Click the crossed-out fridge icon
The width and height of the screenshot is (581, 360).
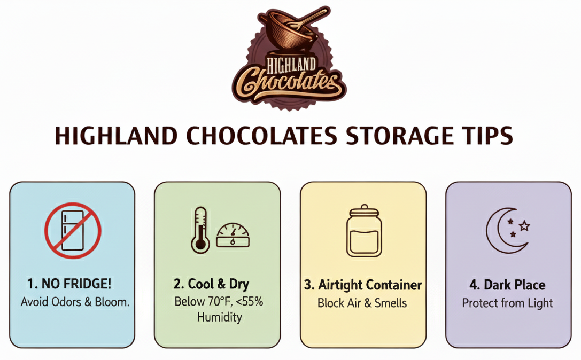(73, 230)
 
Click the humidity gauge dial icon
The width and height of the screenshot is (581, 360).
(233, 235)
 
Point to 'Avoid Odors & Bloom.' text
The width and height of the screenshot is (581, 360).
(75, 302)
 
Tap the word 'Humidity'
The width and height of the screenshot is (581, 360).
(219, 317)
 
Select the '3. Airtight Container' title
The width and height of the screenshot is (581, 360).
(363, 285)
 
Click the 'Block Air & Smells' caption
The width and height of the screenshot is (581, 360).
(362, 303)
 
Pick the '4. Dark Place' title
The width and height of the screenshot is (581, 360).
(507, 285)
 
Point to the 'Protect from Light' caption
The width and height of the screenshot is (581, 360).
(507, 303)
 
